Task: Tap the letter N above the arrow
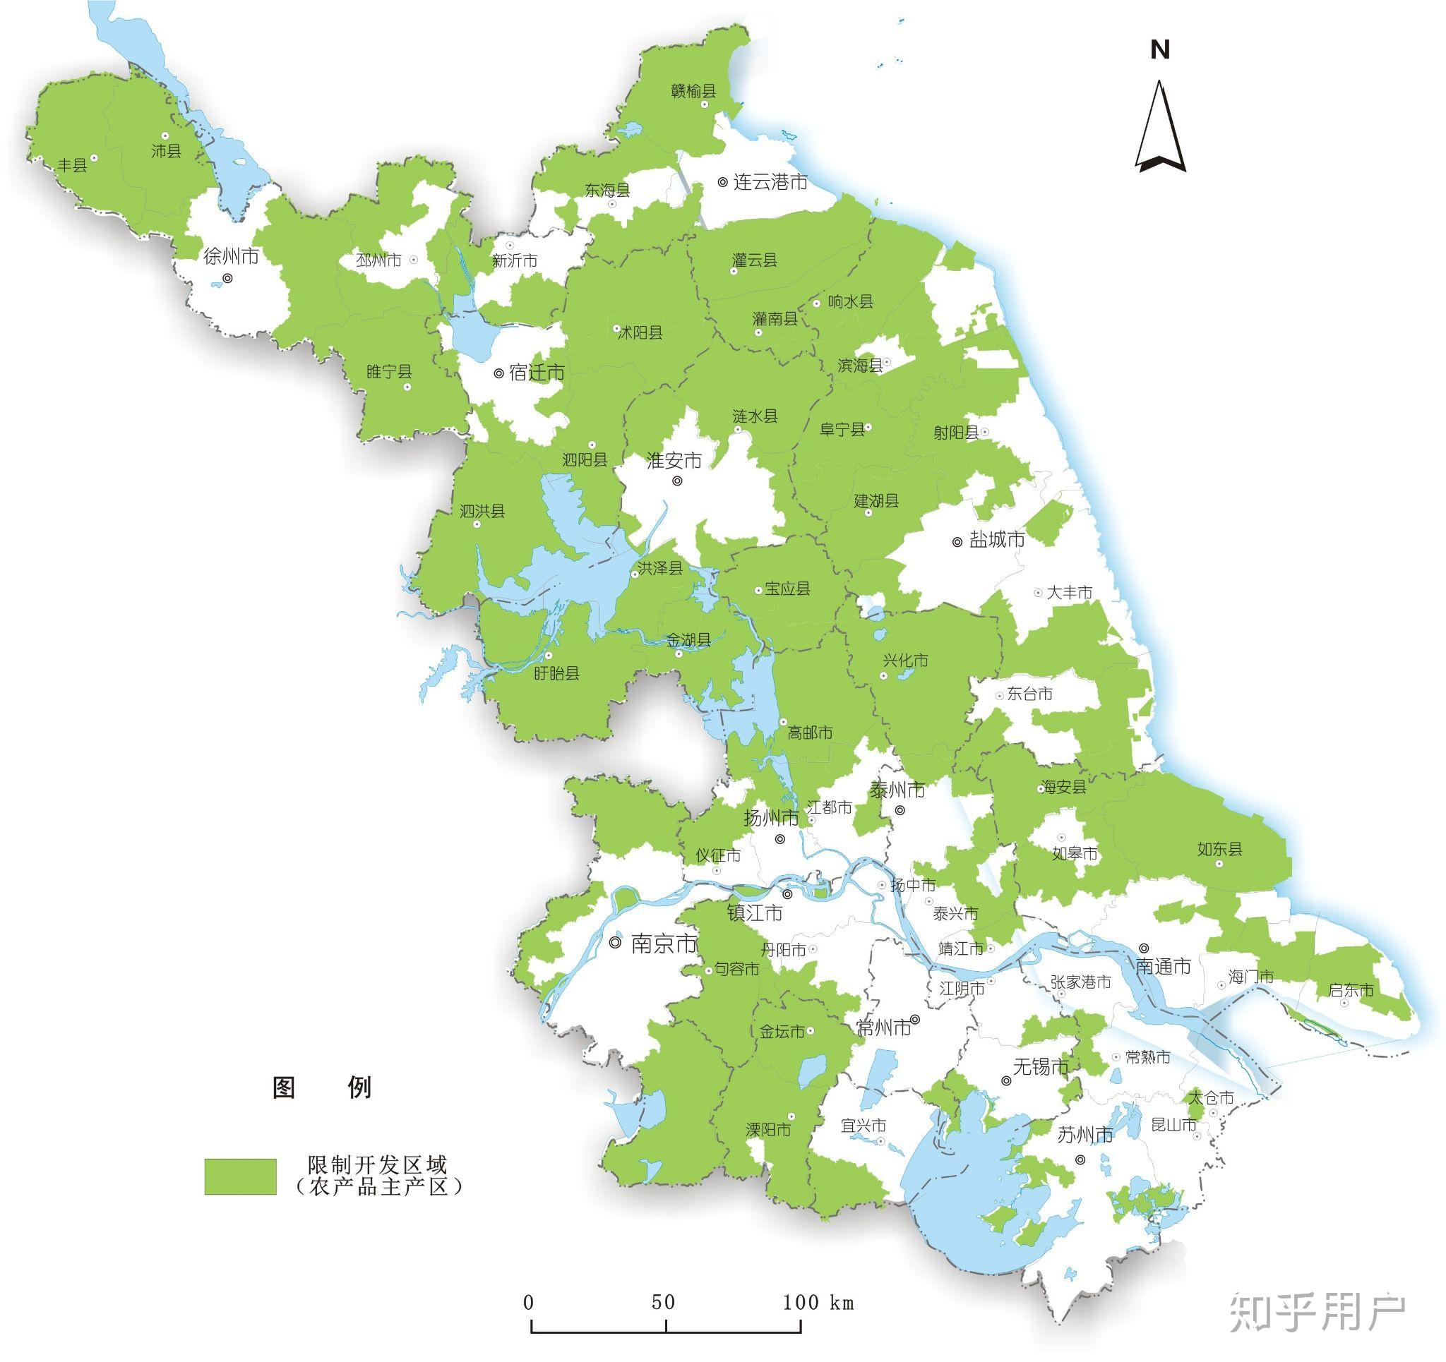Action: point(1160,50)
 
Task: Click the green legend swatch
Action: point(240,1176)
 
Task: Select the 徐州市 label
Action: point(231,256)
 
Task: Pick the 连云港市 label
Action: point(770,182)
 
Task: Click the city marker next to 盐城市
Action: point(957,542)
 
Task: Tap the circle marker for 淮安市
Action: point(677,481)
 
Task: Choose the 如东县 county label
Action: point(1219,849)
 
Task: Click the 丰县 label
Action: point(72,165)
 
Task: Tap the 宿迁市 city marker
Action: point(499,374)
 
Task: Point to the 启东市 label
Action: point(1351,989)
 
